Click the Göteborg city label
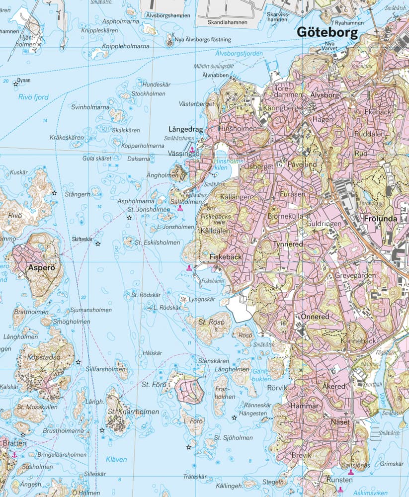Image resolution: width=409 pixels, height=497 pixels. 327,33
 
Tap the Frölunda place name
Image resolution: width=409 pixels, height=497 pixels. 382,218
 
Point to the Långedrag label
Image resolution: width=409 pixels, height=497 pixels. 186,129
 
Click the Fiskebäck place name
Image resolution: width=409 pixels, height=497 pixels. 225,257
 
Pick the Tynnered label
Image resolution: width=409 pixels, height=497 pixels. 287,245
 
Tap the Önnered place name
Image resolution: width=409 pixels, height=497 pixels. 315,317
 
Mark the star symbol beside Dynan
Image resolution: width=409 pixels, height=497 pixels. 16,84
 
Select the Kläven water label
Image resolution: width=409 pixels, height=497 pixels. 116,459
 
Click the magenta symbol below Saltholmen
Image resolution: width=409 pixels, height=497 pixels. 180,209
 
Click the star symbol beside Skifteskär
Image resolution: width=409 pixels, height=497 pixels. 98,244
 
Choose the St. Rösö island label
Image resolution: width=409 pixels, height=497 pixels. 212,322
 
